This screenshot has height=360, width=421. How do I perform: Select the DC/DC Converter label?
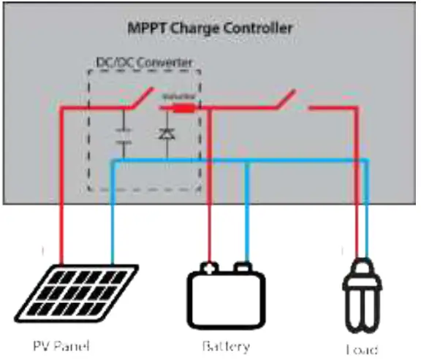[144, 64]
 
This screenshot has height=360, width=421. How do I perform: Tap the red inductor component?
[183, 107]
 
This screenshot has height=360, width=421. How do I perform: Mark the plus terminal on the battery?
[210, 267]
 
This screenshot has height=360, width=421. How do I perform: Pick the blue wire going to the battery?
[248, 219]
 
